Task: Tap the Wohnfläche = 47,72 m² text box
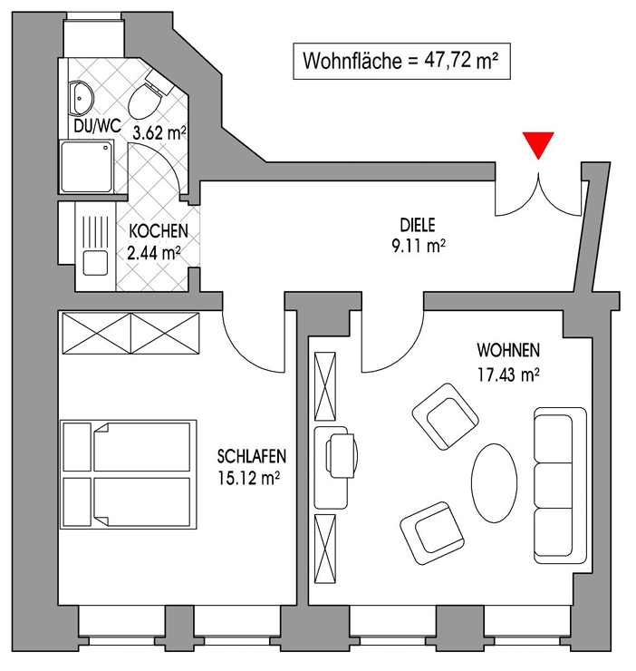pos(401,61)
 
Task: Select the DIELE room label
pos(417,225)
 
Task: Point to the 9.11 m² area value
pos(419,246)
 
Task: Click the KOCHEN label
pos(159,231)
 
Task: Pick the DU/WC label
pos(98,126)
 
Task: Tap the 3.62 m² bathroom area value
pos(159,133)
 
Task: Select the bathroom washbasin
pos(81,98)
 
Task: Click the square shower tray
pos(87,167)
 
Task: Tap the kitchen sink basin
pos(95,263)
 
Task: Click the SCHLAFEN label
pos(252,457)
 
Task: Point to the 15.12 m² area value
pos(249,478)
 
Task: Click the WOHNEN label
pos(508,351)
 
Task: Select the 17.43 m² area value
pos(508,374)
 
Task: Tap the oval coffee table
pos(494,482)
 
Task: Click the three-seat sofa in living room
pos(559,485)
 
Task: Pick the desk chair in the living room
pos(342,456)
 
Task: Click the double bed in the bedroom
pos(129,474)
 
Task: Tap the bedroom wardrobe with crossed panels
pos(130,334)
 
